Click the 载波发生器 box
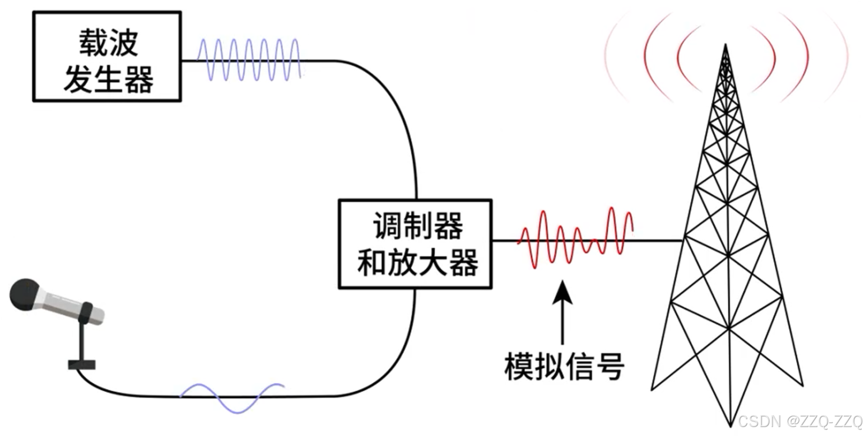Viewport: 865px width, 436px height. tap(107, 56)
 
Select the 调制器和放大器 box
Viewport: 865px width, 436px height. tap(415, 244)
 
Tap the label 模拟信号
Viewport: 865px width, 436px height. tap(564, 367)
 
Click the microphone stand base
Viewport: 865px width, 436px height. tap(82, 365)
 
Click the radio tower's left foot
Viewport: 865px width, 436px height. tap(653, 387)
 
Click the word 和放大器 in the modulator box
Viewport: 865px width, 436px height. tap(418, 262)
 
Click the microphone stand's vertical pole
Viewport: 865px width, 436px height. tap(82, 341)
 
